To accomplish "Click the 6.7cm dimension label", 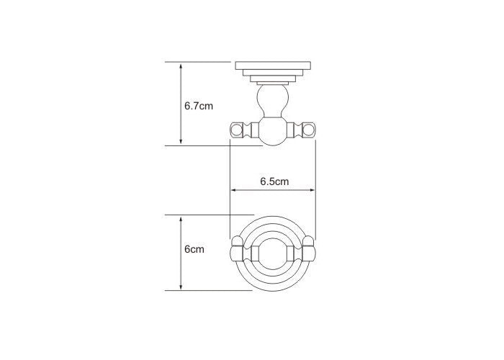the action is tap(199, 106).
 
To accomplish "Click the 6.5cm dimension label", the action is tap(274, 181).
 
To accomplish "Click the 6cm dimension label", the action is tap(194, 249).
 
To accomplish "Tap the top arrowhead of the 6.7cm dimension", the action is tap(181, 66).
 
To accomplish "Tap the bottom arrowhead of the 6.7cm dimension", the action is tap(181, 141).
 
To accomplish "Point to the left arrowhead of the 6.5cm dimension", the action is tap(234, 190).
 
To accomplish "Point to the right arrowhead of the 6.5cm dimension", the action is tap(312, 190).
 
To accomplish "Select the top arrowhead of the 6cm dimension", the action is tap(181, 220).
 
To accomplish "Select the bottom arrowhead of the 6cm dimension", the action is tap(181, 287).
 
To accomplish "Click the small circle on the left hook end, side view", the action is tap(237, 130).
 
